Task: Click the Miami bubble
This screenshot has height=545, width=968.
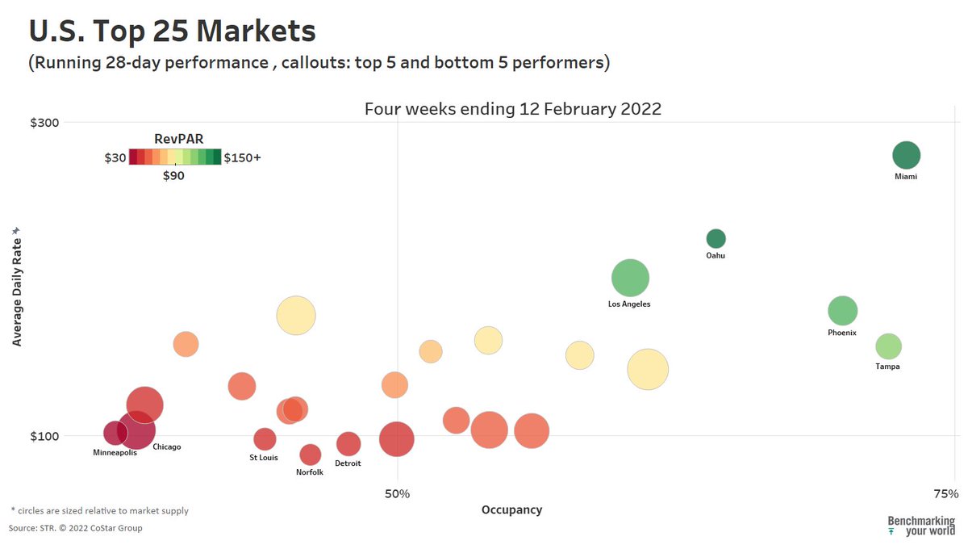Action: pyautogui.click(x=906, y=155)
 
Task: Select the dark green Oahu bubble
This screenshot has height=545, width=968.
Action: pyautogui.click(x=716, y=238)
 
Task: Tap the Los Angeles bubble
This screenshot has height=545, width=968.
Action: pyautogui.click(x=630, y=278)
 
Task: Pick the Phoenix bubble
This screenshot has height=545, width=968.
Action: pyautogui.click(x=842, y=310)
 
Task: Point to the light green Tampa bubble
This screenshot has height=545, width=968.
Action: pyautogui.click(x=888, y=346)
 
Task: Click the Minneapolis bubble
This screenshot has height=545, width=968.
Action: pyautogui.click(x=115, y=434)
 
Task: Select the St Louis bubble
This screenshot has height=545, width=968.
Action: pyautogui.click(x=265, y=439)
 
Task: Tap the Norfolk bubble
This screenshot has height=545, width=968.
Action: pyautogui.click(x=310, y=455)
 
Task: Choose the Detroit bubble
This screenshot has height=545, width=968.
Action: pyautogui.click(x=348, y=443)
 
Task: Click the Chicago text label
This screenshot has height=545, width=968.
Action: pyautogui.click(x=166, y=446)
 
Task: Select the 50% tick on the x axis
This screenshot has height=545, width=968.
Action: pyautogui.click(x=397, y=493)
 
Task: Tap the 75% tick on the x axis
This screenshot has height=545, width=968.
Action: pyautogui.click(x=944, y=493)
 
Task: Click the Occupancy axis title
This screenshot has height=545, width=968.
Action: pyautogui.click(x=511, y=509)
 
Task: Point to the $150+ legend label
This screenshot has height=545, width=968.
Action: pyautogui.click(x=242, y=157)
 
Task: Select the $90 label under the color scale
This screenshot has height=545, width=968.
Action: pyautogui.click(x=173, y=175)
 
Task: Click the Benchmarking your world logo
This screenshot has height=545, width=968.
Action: pyautogui.click(x=921, y=526)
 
